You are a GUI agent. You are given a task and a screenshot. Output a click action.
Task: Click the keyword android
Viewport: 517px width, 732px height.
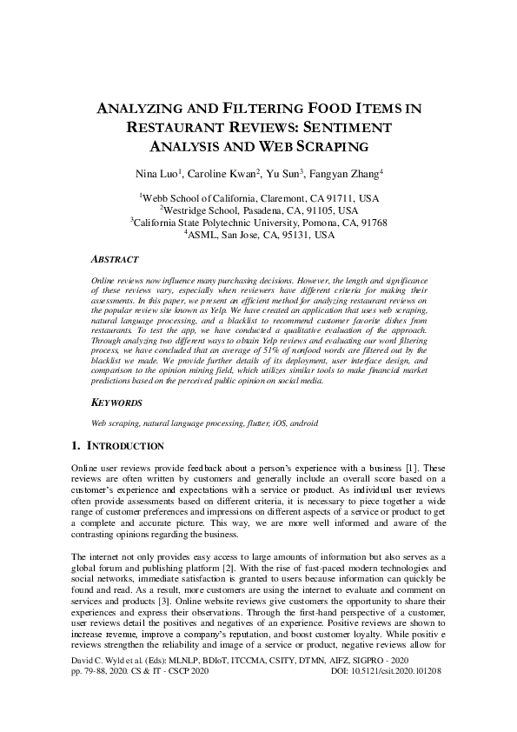point(301,423)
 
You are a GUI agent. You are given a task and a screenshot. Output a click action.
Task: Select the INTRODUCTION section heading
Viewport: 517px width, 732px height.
point(123,446)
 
